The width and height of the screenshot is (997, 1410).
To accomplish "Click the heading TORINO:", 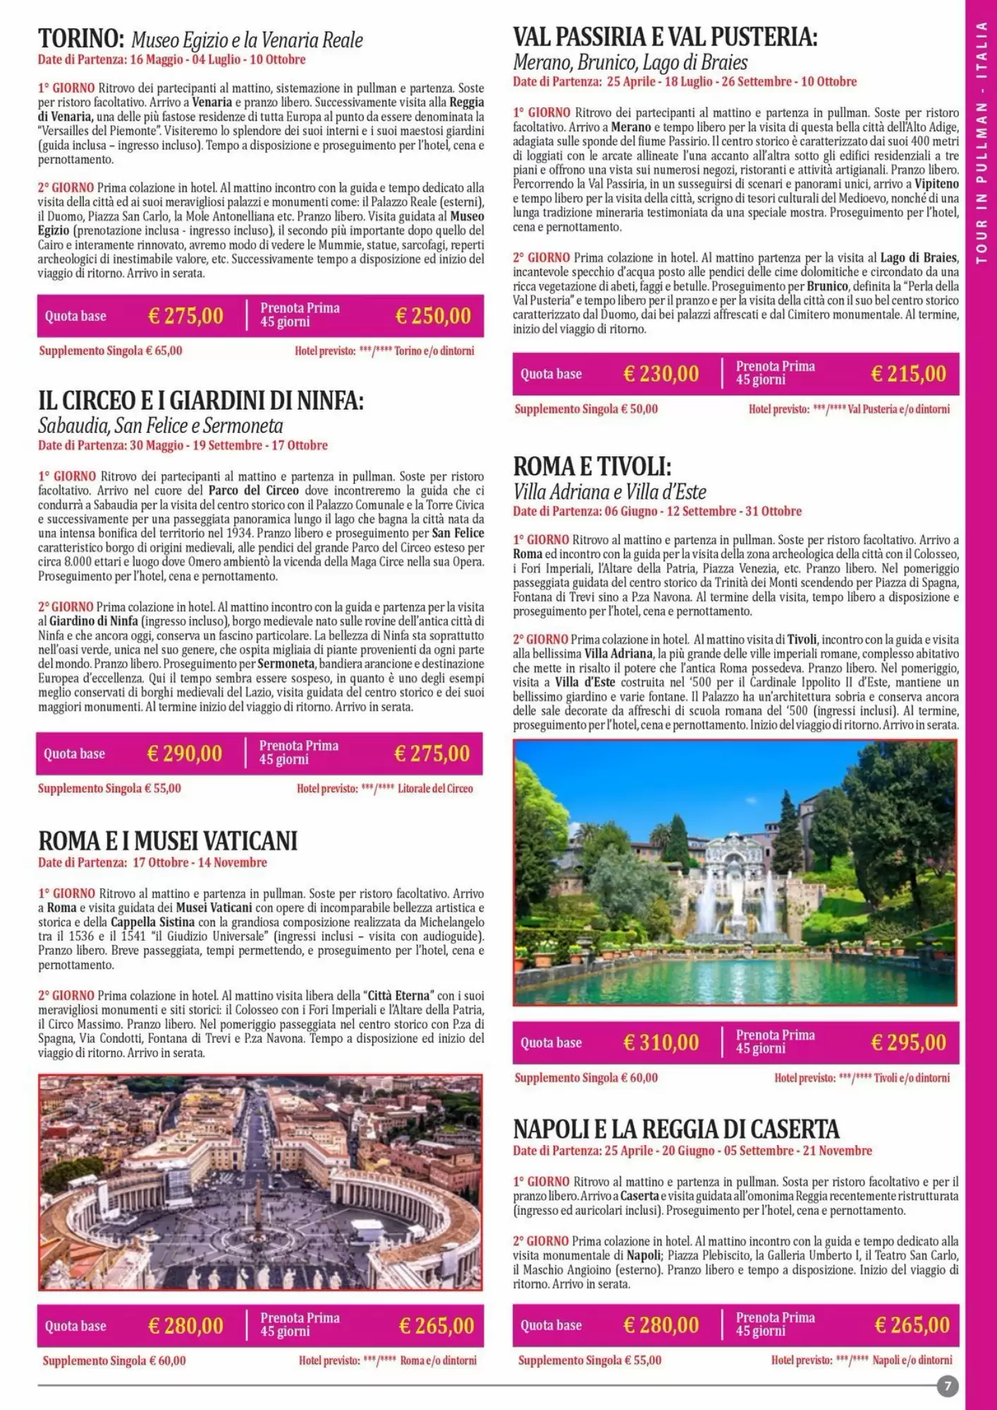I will (81, 39).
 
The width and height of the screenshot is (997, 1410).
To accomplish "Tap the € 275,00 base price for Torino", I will (185, 316).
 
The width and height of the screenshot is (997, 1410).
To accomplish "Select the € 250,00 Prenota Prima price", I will (433, 316).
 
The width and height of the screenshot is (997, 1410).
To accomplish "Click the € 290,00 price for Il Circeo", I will (184, 754).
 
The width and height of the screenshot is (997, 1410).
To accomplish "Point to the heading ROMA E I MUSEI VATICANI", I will (168, 840).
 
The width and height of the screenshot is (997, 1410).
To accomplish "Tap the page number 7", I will (948, 1386).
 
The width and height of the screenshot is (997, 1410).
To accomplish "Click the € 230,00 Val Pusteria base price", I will (661, 374).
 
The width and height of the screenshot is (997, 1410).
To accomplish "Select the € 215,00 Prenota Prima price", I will (908, 374).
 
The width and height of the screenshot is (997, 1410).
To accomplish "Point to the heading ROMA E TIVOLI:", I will (592, 466).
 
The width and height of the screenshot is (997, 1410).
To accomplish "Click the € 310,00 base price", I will (661, 1042).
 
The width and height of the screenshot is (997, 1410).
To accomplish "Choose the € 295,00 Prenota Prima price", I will (908, 1042).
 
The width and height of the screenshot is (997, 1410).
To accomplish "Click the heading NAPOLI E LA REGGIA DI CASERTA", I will (675, 1129).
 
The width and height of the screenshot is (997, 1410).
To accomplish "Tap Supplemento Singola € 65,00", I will (111, 350).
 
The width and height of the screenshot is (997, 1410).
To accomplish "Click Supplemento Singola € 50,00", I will (586, 409).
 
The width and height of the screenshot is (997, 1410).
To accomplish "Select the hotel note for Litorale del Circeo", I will (384, 788).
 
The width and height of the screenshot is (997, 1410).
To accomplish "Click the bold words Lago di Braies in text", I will (918, 257).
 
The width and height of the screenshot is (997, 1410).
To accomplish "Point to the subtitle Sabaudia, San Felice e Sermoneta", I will (160, 426).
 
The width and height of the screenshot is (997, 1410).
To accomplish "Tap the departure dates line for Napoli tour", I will (692, 1151).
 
